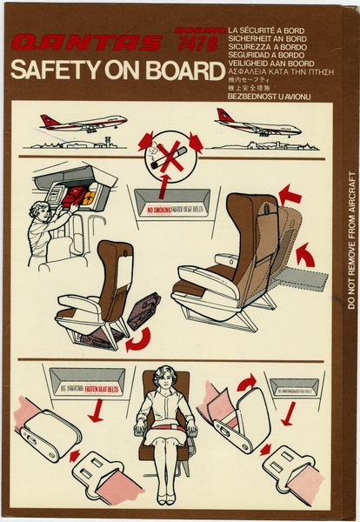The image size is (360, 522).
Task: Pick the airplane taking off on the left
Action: click(83, 122)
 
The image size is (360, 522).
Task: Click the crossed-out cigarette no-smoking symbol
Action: click(170, 158)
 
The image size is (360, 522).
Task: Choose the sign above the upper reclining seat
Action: click(172, 210)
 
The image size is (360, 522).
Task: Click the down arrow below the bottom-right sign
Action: click(286, 416)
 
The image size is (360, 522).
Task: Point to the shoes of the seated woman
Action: click(166, 499)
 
